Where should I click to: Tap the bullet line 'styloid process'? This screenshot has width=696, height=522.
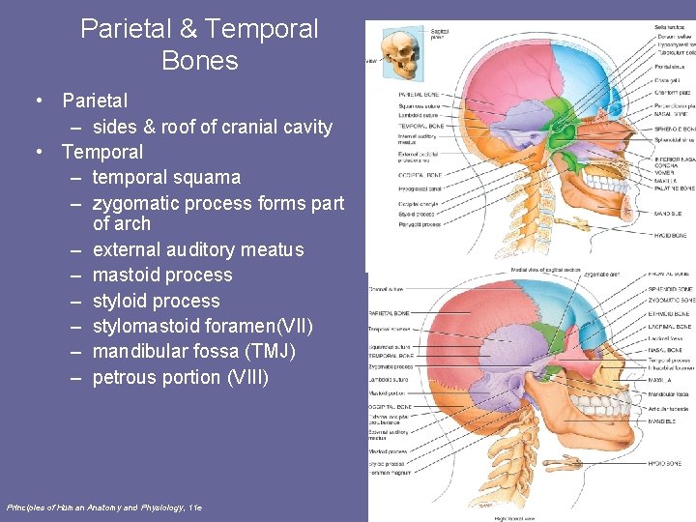tap(156, 301)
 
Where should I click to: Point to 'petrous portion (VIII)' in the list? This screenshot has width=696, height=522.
tap(180, 377)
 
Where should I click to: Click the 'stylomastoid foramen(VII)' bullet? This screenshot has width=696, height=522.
tap(203, 327)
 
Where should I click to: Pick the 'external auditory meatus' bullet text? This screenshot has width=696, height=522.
tap(197, 249)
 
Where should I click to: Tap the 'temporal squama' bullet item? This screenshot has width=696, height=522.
tap(166, 178)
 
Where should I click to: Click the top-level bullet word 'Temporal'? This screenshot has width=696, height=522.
tap(101, 152)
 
